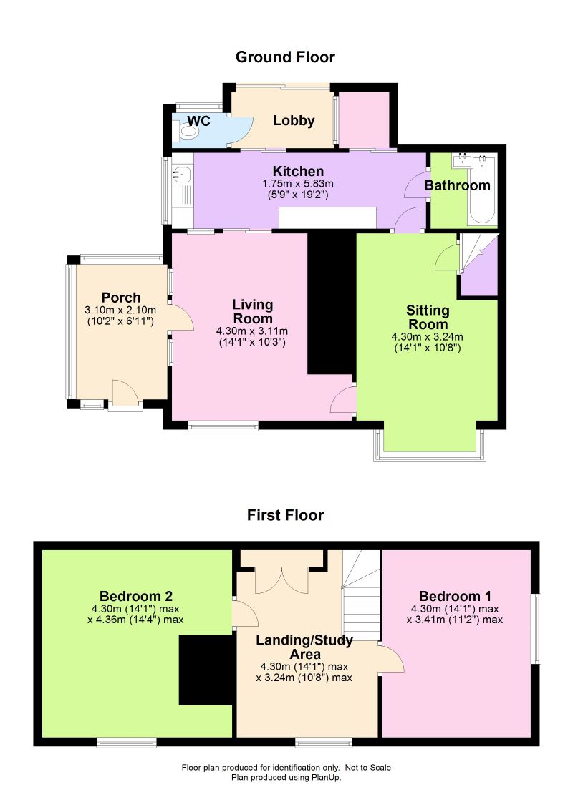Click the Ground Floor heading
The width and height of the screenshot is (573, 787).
tap(285, 57)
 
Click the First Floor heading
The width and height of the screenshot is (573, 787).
tap(285, 515)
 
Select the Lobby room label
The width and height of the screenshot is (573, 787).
tap(294, 121)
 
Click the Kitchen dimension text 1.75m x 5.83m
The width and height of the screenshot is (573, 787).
tap(297, 184)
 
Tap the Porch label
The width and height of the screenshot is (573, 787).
tap(120, 298)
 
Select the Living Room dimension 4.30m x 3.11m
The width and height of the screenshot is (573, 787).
tap(252, 331)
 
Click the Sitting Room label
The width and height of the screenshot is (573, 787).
tap(428, 316)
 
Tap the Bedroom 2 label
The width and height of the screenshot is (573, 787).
tap(136, 596)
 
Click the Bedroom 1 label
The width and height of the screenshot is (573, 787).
tap(456, 596)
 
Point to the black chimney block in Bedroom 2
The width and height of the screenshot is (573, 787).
tap(206, 670)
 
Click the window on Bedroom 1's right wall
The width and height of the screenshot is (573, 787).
tap(536, 628)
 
